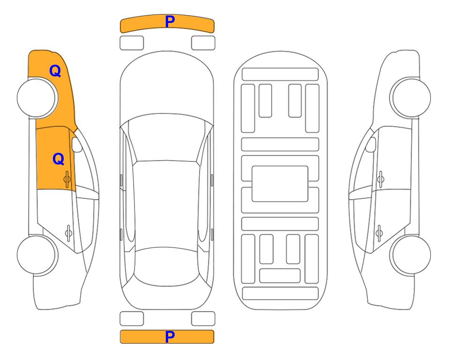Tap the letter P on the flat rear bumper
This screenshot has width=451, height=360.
170,337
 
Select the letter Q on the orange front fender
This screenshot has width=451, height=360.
55,71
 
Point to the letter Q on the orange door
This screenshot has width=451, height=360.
59,159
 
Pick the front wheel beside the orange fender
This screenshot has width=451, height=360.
37,98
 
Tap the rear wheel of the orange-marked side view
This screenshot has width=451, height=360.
37,255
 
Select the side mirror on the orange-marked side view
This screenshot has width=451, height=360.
77,144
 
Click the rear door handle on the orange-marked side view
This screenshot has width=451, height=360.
68,232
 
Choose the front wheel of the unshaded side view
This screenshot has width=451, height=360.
411,98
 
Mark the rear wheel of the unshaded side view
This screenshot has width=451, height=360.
411,255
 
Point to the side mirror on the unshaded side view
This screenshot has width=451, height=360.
371,144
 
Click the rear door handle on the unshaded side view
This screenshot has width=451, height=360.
379,232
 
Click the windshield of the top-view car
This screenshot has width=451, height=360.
167,138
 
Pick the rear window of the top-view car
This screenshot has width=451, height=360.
167,266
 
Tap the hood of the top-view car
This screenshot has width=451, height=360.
167,86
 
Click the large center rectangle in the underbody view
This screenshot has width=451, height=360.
280,184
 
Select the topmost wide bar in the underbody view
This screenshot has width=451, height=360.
280,75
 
